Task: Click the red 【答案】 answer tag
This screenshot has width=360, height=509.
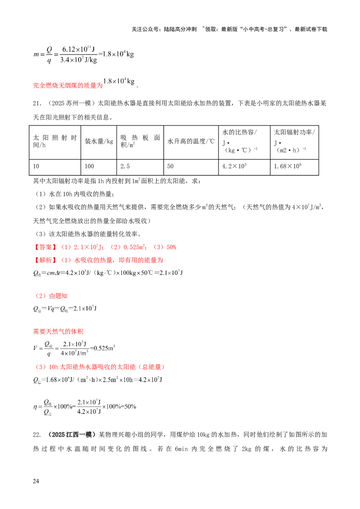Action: pos(45,247)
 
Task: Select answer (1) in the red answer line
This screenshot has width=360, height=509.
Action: pos(83,247)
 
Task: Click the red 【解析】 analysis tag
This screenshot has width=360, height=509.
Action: pos(45,260)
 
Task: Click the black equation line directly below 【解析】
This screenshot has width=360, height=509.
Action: pos(108,273)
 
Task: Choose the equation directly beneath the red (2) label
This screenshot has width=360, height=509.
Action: pos(65,308)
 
